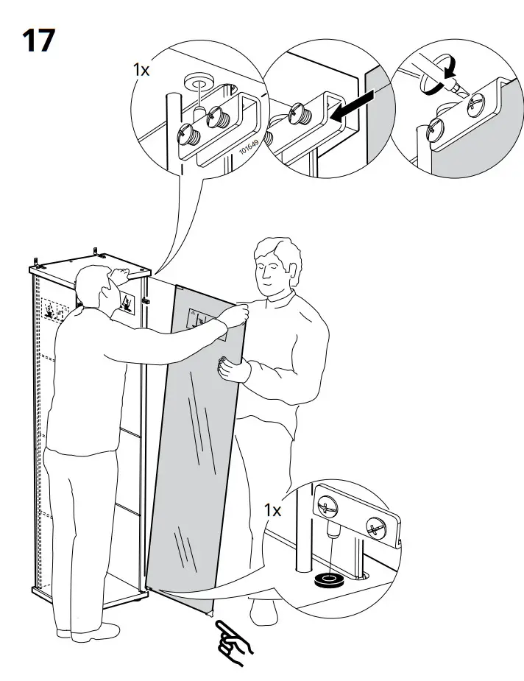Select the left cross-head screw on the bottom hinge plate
tap(327, 507)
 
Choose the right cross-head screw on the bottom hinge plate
tap(375, 527)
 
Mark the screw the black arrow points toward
tap(301, 113)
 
